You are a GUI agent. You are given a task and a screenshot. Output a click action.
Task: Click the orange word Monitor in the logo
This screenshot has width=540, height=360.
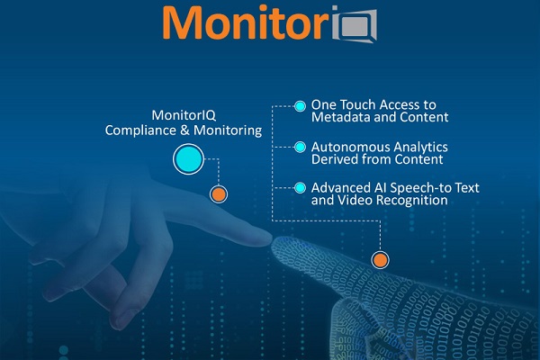[x=246, y=22]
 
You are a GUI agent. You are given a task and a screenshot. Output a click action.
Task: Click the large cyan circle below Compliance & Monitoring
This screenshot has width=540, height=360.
[x=188, y=159]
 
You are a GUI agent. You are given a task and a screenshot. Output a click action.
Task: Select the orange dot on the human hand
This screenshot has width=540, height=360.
[x=219, y=194]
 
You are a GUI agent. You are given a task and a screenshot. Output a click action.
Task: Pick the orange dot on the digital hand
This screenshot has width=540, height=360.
[x=380, y=260]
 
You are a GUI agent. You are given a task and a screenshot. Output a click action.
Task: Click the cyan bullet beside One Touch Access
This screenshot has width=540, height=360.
[x=300, y=106]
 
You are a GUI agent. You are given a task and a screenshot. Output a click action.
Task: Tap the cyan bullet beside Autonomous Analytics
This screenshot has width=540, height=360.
[x=300, y=147]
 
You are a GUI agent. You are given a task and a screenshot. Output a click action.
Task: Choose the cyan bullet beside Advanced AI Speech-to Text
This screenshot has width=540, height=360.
[x=300, y=188]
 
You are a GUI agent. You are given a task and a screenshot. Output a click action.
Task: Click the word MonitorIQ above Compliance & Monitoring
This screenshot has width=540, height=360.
[x=184, y=115]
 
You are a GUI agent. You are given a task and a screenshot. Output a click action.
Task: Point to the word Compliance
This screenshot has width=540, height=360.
[x=140, y=130]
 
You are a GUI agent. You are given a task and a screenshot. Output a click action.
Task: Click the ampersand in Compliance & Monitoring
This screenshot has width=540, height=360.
[x=184, y=130]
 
